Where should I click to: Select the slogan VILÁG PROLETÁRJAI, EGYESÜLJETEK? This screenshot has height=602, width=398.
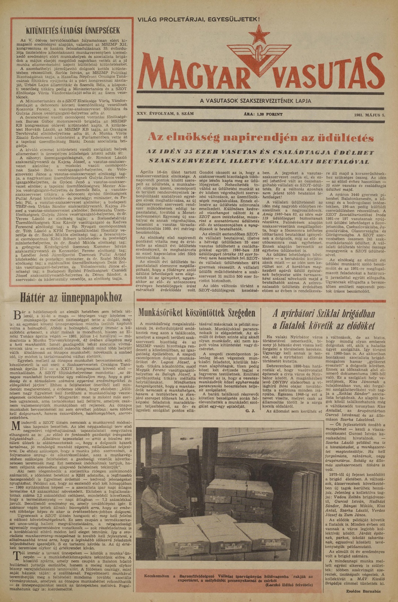point(198,19)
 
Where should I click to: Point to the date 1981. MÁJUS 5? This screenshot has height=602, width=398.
point(369,115)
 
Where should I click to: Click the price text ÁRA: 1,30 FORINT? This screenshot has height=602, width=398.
point(263,114)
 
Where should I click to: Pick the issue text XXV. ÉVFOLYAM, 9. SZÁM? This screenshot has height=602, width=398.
point(165,114)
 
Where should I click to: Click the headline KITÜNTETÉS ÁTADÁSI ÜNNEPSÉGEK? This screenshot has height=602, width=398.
point(73,31)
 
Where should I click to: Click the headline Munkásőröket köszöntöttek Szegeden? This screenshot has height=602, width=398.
point(197,313)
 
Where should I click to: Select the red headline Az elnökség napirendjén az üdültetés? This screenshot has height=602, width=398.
point(261,137)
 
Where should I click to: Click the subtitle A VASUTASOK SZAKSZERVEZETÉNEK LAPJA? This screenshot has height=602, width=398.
point(256,101)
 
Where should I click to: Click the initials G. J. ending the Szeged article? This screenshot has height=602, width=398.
point(250,411)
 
